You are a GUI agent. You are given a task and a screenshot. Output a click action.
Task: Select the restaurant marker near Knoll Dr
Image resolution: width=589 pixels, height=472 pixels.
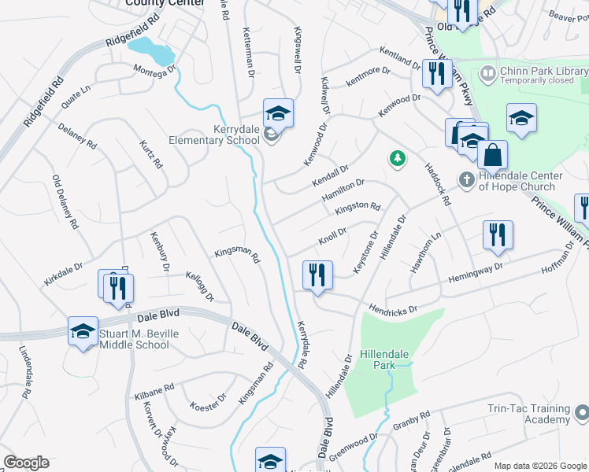(x=317, y=275)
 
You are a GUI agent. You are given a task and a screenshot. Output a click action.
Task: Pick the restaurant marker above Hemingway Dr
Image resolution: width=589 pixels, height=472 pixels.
(x=498, y=235)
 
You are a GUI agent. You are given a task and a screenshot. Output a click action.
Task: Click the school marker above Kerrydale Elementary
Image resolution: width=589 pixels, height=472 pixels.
(x=278, y=114)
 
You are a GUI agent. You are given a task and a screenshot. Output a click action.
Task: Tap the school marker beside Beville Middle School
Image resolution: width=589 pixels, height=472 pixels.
(x=83, y=331)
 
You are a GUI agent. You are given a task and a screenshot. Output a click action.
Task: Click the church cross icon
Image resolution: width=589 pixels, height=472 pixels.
(x=466, y=180)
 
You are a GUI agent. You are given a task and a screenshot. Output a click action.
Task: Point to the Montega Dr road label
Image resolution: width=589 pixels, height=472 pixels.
(x=156, y=72)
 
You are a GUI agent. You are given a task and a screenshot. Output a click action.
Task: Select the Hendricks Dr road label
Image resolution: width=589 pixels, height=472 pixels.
(x=391, y=308)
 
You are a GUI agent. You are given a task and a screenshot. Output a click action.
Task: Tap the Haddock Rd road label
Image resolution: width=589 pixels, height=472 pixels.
(x=437, y=184)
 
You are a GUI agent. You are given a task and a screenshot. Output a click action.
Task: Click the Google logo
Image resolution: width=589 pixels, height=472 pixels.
(x=26, y=463)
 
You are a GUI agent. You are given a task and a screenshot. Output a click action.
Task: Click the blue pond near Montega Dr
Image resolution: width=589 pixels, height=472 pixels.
(x=151, y=53)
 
